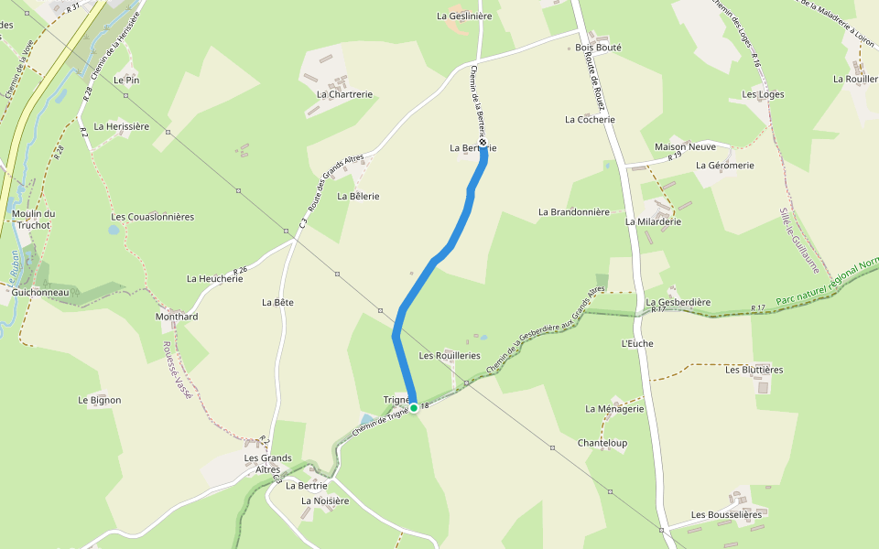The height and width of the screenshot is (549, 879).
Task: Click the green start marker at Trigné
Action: tap(414, 407)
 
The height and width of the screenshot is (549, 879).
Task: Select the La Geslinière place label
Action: tap(464, 16)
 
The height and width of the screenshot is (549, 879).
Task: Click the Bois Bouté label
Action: tap(598, 48)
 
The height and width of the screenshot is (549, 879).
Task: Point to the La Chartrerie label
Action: tap(344, 94)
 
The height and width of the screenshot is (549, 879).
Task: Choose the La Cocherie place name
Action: tap(590, 120)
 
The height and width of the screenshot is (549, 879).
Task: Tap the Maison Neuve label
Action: tap(685, 147)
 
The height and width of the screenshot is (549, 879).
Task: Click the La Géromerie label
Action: tap(724, 166)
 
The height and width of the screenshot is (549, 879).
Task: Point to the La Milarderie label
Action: tap(653, 221)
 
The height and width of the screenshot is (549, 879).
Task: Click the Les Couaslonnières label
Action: tap(152, 217)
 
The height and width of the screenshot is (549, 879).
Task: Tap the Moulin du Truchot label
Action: tap(34, 220)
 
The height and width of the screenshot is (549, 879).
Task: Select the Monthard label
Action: tap(177, 317)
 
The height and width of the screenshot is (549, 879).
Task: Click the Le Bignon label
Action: tap(99, 400)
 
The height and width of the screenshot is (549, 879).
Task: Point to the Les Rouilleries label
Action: tap(449, 355)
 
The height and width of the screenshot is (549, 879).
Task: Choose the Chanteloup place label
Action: tap(602, 443)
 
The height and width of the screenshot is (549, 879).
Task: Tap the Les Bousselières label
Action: tap(726, 515)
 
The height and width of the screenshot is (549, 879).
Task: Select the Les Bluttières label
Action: tap(754, 370)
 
